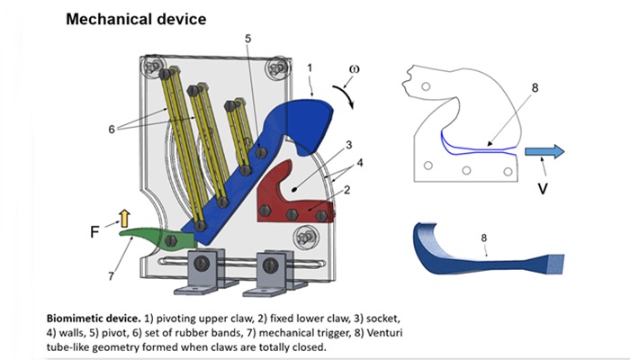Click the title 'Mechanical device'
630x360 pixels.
pos(135,18)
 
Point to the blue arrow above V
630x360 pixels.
pos(545,151)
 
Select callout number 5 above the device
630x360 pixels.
pos(247,38)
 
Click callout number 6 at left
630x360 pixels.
pos(112,130)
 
